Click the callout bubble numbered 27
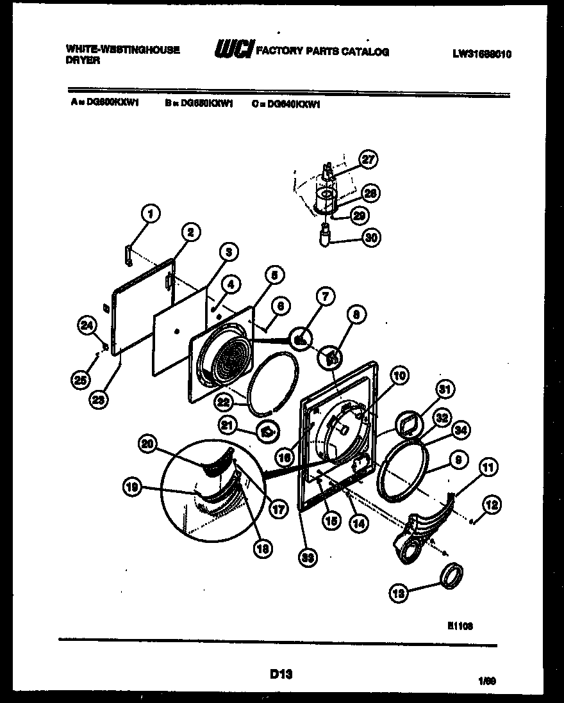click(x=368, y=160)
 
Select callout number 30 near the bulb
click(x=370, y=238)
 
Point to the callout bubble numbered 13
click(x=399, y=594)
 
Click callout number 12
click(x=492, y=505)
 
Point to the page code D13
click(x=281, y=673)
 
